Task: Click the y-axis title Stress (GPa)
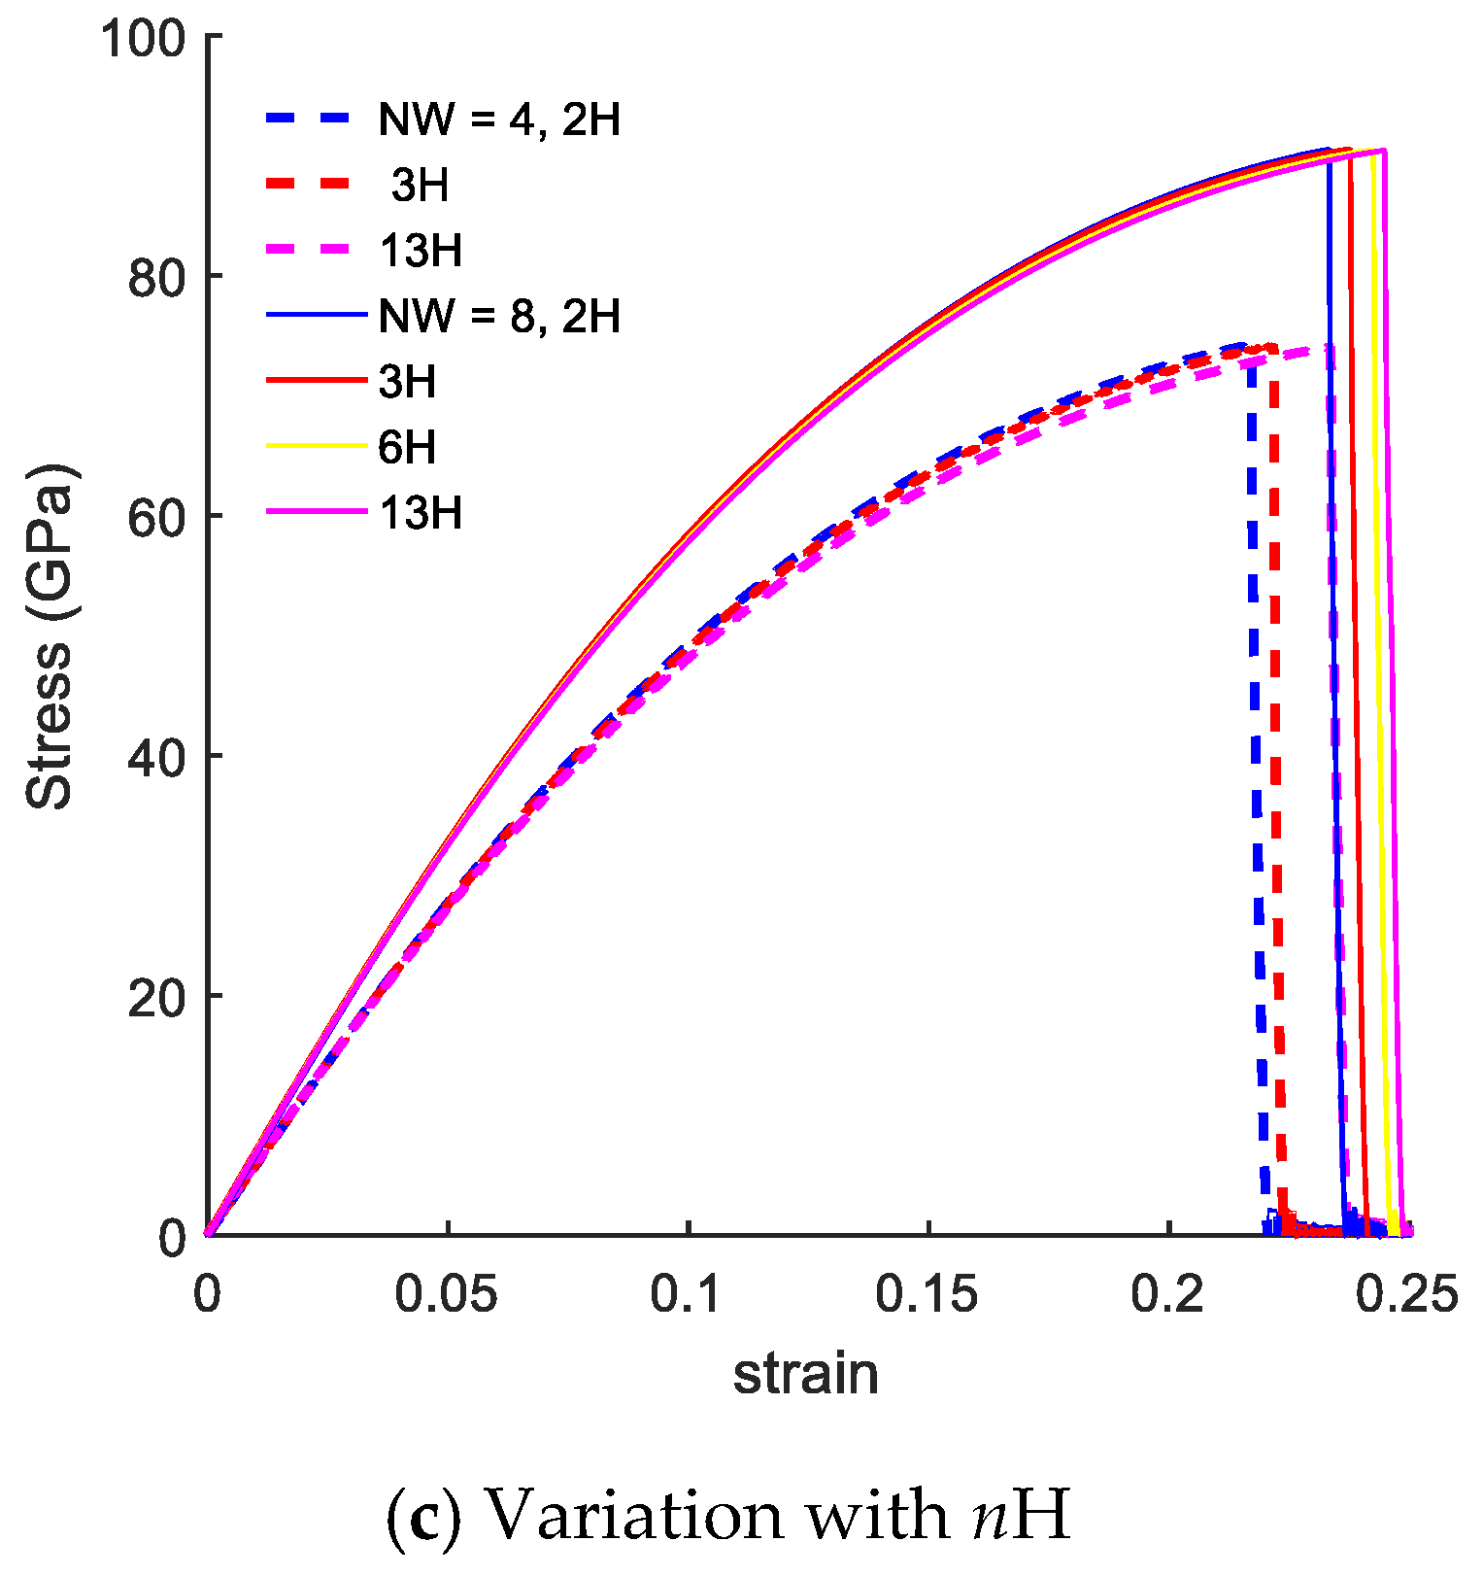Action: pos(51,636)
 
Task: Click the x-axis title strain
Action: pos(805,1374)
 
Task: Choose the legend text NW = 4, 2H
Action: pos(499,120)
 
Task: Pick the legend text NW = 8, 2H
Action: pos(499,317)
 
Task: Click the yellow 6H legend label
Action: pos(407,448)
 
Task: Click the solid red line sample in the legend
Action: pos(316,382)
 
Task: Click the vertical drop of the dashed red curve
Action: pos(1276,777)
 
